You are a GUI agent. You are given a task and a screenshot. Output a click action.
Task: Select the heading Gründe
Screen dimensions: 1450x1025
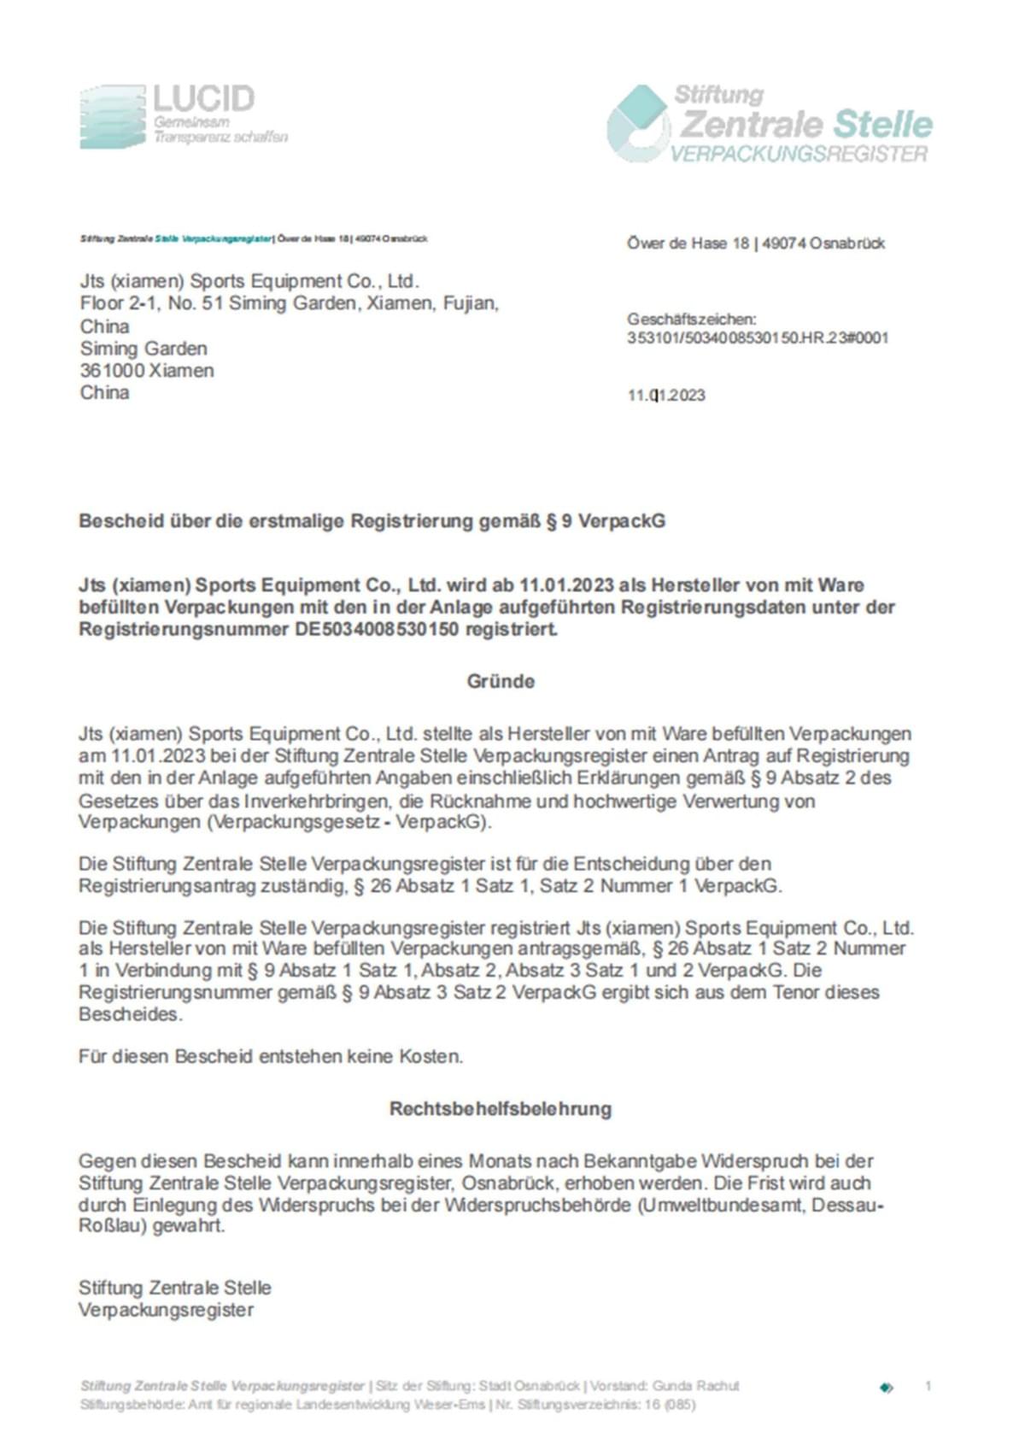click(x=501, y=681)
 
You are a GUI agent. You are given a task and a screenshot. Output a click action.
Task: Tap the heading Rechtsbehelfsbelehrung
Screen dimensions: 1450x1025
click(x=501, y=1108)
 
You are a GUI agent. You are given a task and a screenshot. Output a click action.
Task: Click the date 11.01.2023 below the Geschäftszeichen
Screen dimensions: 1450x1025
click(x=666, y=395)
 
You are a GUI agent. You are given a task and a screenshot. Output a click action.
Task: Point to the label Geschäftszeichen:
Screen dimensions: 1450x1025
click(x=691, y=319)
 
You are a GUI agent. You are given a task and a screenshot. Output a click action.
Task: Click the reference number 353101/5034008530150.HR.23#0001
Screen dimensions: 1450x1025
click(x=758, y=338)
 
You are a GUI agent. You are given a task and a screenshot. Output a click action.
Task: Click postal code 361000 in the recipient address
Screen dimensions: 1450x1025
click(x=112, y=371)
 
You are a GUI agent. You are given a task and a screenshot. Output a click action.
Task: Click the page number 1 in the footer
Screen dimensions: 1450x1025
click(x=928, y=1386)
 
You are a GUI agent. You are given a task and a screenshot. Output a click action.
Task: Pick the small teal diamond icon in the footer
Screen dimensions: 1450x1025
click(x=886, y=1388)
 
